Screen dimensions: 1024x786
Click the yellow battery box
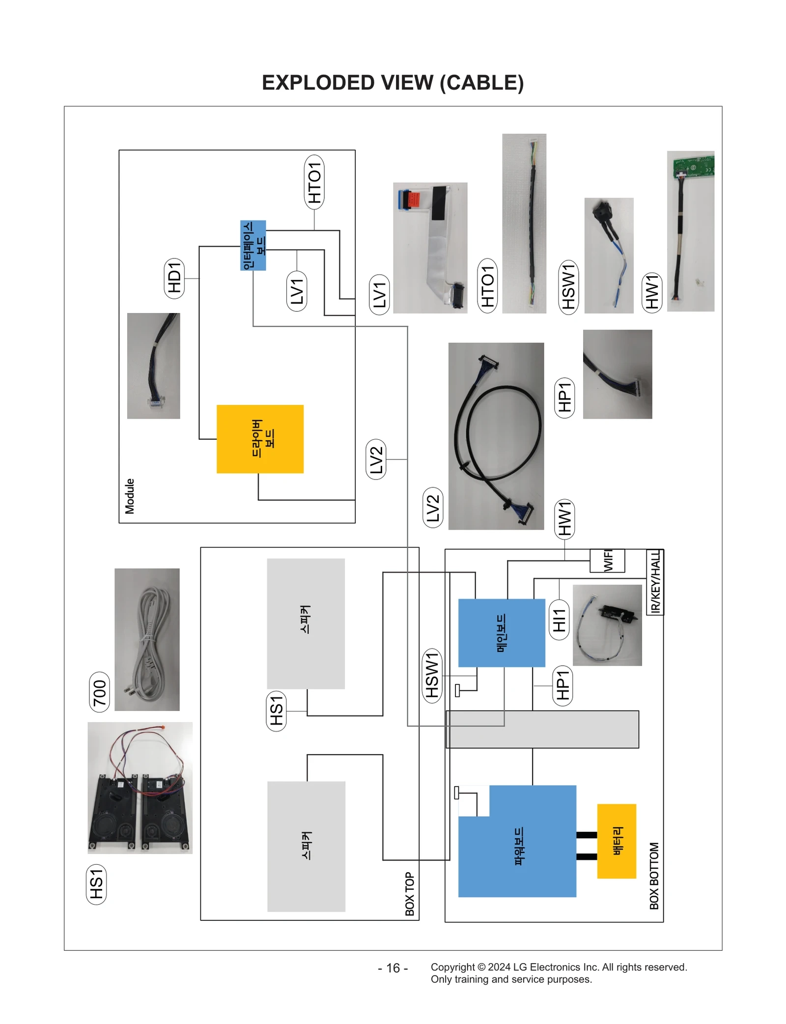coord(616,841)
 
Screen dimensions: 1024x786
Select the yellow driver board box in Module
coord(260,439)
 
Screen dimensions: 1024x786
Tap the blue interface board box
coord(253,245)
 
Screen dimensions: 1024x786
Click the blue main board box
coord(501,632)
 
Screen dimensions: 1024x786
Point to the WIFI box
coord(607,561)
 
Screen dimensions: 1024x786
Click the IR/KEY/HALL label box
coord(655,582)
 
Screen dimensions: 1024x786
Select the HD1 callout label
coord(174,278)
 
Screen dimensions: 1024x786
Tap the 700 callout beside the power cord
coord(99,692)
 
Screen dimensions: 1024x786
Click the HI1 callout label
coord(559,620)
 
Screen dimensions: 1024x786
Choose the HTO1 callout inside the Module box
coord(314,182)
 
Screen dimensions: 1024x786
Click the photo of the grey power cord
coord(147,639)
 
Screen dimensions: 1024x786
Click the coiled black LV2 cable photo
coord(496,436)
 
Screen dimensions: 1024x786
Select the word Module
coord(130,496)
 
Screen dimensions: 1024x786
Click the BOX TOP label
coord(410,894)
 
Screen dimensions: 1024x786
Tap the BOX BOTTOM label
coord(654,876)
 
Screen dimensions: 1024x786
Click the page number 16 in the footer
coord(393,968)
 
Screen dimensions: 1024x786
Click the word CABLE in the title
coord(481,83)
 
